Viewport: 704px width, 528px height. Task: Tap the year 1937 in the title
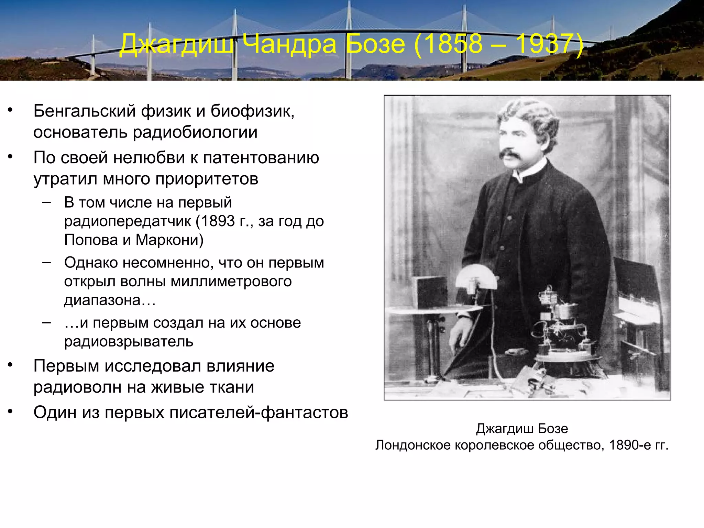tap(545, 44)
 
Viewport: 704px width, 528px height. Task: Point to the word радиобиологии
tap(195, 132)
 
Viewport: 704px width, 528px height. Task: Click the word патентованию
tap(261, 158)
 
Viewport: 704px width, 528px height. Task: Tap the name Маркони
tap(169, 240)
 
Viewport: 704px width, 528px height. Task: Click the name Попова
tap(91, 240)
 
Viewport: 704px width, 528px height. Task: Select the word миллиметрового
tap(231, 282)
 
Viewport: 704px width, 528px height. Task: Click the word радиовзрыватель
tap(129, 342)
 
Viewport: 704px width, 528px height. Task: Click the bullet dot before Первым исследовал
tap(10, 365)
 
